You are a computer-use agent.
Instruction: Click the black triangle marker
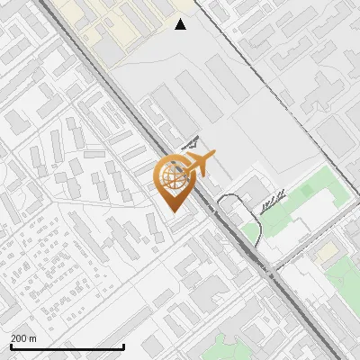click(180, 24)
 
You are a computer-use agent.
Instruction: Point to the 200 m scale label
click(23, 338)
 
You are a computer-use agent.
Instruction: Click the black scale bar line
click(67, 347)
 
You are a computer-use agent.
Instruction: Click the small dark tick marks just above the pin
click(190, 142)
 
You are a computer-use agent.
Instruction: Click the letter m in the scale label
click(32, 338)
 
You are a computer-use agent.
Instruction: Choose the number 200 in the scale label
click(18, 338)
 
